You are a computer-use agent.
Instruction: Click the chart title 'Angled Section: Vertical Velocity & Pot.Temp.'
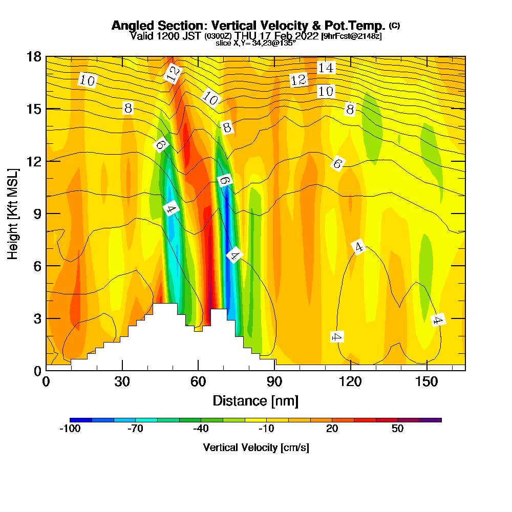(x=248, y=26)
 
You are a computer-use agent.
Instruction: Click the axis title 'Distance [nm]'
(x=255, y=400)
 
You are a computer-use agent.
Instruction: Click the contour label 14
(x=326, y=68)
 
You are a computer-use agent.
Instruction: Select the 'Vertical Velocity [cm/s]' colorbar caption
(x=255, y=447)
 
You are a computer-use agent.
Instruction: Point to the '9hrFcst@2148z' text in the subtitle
(x=351, y=36)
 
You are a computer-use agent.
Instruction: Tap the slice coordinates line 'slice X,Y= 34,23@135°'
(x=255, y=43)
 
